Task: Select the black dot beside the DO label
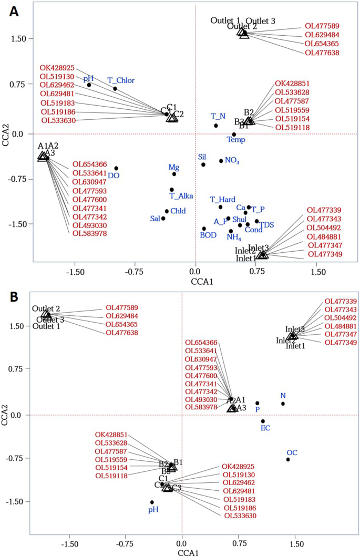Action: [x=116, y=168]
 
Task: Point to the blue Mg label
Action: [x=173, y=167]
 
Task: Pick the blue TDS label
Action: [x=268, y=223]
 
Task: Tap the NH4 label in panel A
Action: [x=234, y=237]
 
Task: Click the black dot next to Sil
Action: [x=203, y=164]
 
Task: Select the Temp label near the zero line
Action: [x=236, y=140]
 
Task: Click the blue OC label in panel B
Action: [x=292, y=452]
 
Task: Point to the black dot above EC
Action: [x=263, y=421]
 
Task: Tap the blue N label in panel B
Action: [x=283, y=396]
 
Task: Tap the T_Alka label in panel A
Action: [x=181, y=196]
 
